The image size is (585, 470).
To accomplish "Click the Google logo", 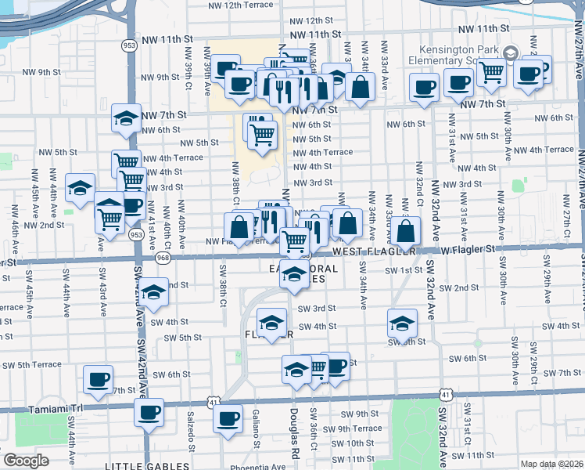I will pos(26,461).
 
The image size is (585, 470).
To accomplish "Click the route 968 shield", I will pos(163,256).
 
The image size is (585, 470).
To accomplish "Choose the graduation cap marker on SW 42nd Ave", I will pos(154,291).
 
